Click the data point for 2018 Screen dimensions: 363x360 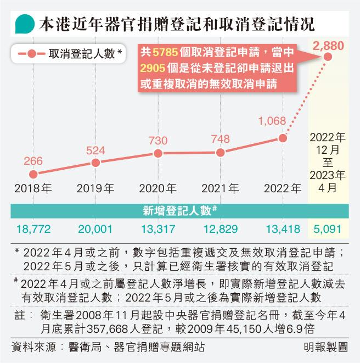[x=33, y=174]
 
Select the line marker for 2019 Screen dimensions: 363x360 [x=95, y=163]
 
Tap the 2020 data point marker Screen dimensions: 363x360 [x=158, y=154]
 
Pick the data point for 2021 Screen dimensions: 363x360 [x=220, y=153]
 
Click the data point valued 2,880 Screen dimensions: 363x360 [x=328, y=56]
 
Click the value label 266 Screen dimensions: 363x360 [x=33, y=161]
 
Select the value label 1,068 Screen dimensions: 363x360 [x=273, y=121]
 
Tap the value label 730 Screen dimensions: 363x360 [x=158, y=141]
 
